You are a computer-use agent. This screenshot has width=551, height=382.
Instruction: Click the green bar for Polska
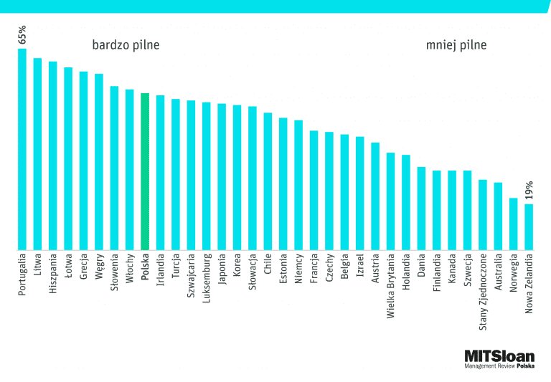click(145, 172)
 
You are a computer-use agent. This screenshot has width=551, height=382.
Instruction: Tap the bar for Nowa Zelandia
click(529, 227)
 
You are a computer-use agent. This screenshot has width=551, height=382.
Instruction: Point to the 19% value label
click(529, 191)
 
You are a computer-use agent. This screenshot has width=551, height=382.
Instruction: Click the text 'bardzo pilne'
click(126, 45)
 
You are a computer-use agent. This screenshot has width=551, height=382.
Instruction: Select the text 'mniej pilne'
click(456, 45)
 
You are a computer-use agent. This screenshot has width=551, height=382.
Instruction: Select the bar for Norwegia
click(514, 224)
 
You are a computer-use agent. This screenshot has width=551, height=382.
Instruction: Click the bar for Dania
click(421, 209)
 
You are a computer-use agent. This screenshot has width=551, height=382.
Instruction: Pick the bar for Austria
click(375, 196)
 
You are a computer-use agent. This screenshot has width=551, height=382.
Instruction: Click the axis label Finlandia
click(437, 273)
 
